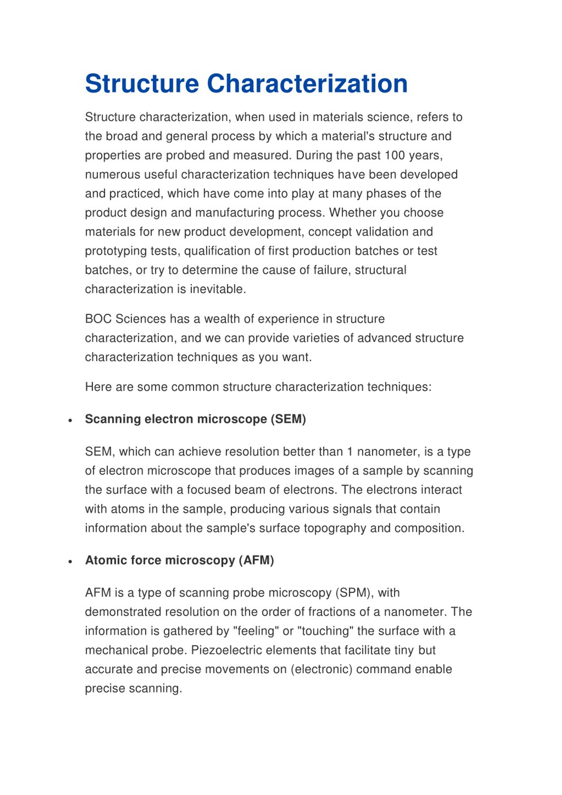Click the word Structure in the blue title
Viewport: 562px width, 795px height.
(x=142, y=84)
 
